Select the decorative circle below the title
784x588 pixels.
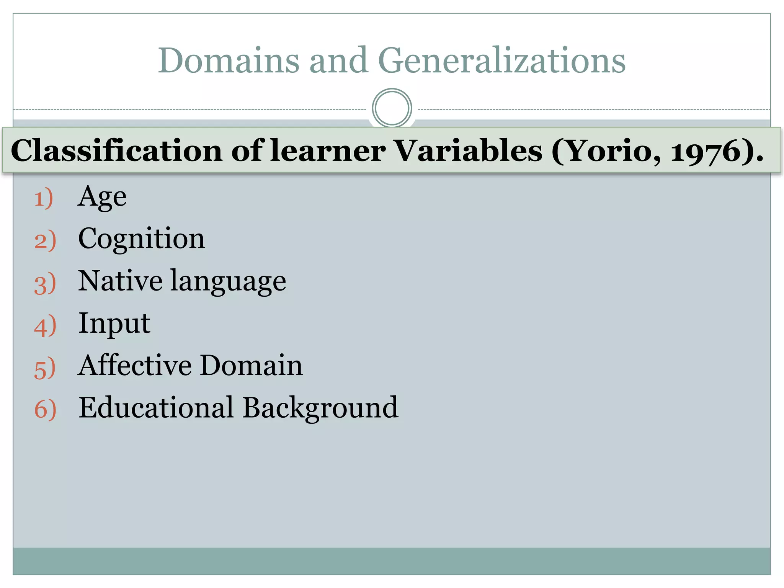[x=392, y=108]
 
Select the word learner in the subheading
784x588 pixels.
[x=328, y=151]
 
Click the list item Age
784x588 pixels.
[x=102, y=198]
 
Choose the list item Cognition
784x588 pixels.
[x=141, y=240]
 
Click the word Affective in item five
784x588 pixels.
[x=135, y=365]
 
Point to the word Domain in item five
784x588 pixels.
[x=251, y=365]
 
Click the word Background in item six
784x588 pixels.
[x=320, y=408]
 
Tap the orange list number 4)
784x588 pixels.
[x=45, y=326]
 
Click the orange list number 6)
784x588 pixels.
[x=45, y=410]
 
